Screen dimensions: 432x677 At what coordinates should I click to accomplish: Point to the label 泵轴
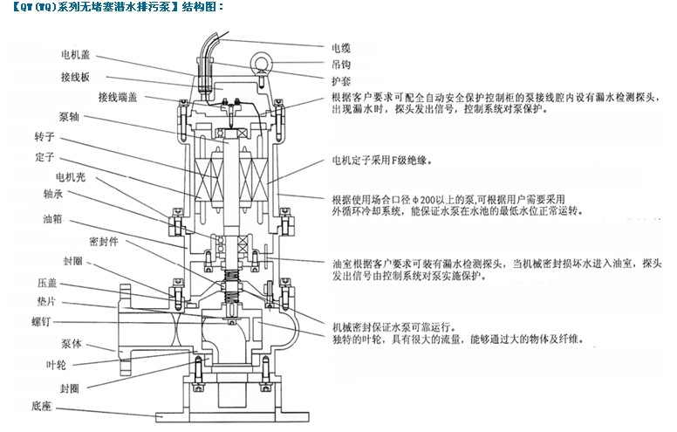click(x=71, y=115)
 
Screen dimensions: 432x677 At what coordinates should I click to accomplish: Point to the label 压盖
click(x=49, y=284)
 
